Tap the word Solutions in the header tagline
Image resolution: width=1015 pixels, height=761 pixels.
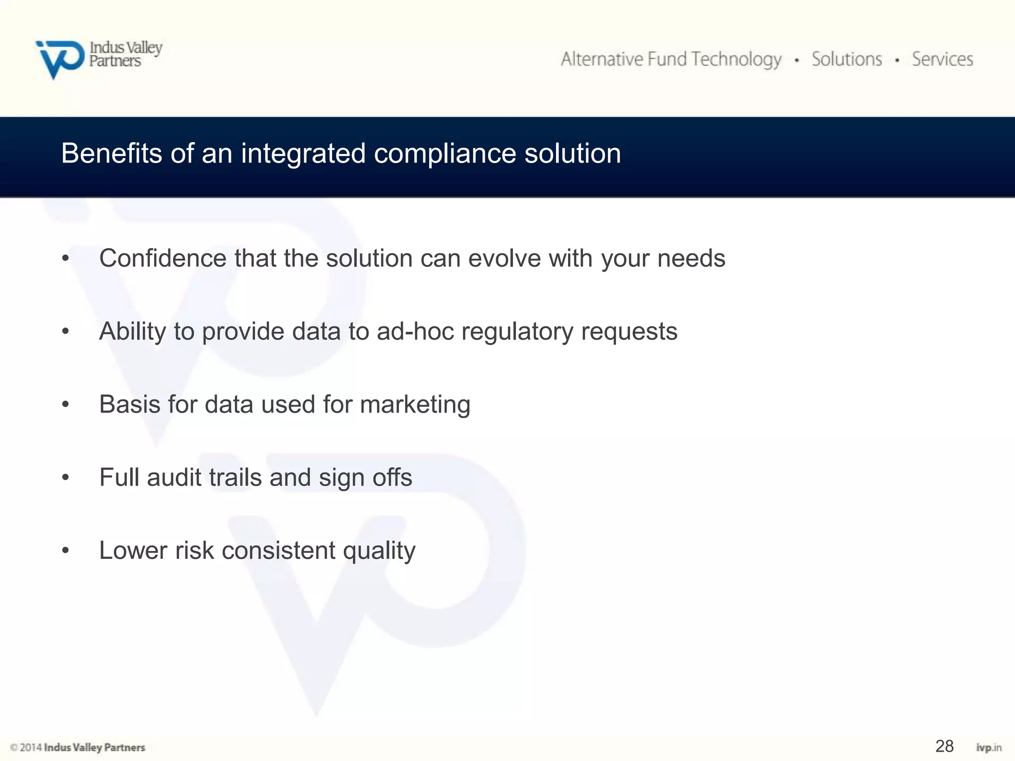click(x=846, y=59)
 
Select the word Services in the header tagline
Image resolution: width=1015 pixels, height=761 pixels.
click(x=943, y=59)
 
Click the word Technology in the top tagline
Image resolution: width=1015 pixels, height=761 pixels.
click(x=736, y=59)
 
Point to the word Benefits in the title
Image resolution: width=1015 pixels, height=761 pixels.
click(x=112, y=153)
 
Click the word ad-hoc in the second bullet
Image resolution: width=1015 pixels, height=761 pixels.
click(x=415, y=331)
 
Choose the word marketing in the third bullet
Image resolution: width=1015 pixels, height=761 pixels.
click(x=415, y=405)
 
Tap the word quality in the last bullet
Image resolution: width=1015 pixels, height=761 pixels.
click(x=379, y=551)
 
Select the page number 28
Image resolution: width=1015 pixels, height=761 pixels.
click(x=944, y=746)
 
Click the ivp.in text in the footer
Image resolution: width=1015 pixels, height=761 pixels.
click(x=989, y=748)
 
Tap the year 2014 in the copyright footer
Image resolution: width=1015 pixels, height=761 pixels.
click(x=31, y=747)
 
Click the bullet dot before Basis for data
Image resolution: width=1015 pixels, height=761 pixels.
click(x=65, y=405)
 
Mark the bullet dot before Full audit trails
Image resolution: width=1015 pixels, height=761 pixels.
click(x=65, y=478)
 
